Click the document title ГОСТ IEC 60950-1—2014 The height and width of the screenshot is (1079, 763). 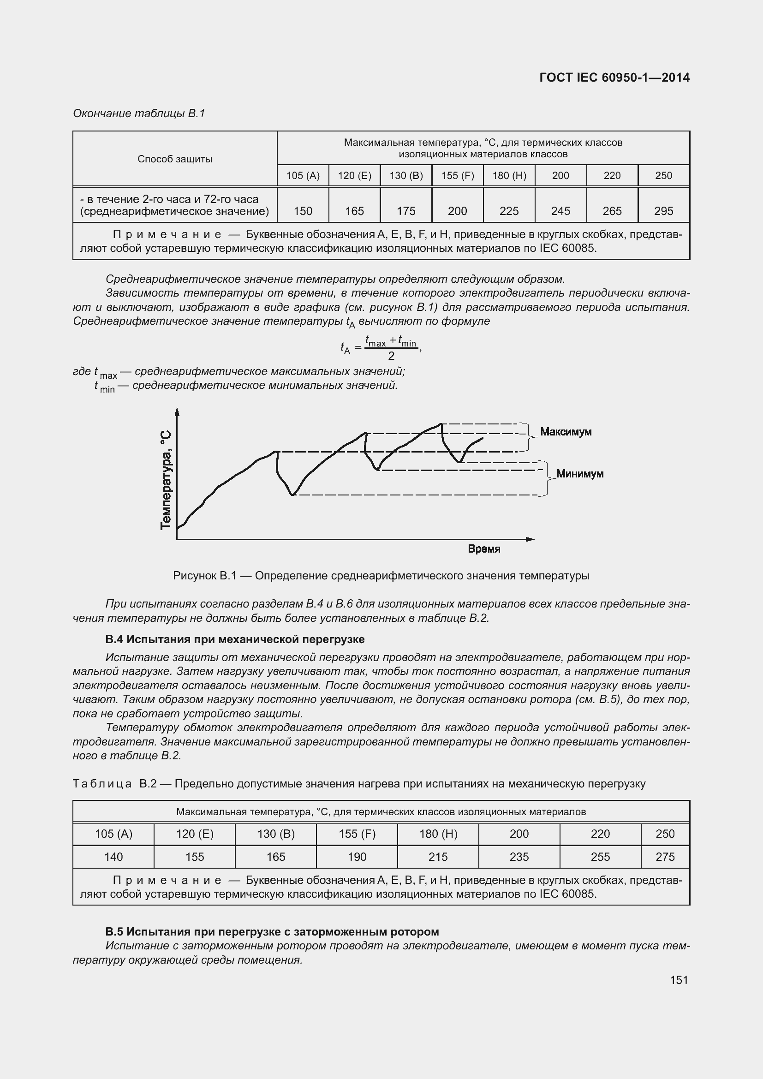pyautogui.click(x=614, y=77)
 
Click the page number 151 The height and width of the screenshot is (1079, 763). pyautogui.click(x=679, y=980)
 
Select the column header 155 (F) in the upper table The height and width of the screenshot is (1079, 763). pyautogui.click(x=457, y=176)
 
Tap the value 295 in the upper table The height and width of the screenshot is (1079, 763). pyautogui.click(x=663, y=211)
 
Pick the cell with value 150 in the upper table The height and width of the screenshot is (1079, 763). pyautogui.click(x=303, y=211)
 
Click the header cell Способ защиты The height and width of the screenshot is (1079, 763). pyautogui.click(x=175, y=159)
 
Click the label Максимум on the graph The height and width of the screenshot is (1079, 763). pyautogui.click(x=566, y=431)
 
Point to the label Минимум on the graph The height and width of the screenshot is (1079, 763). pyautogui.click(x=580, y=474)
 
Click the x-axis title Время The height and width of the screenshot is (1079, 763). pyautogui.click(x=484, y=549)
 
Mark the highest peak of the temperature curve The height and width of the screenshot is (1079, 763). pyautogui.click(x=441, y=424)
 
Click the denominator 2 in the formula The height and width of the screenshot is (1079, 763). pyautogui.click(x=391, y=356)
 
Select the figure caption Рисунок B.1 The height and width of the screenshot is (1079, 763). pyautogui.click(x=381, y=576)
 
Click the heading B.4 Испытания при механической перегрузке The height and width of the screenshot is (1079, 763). pyautogui.click(x=235, y=639)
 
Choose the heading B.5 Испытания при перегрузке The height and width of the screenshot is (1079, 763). pyautogui.click(x=272, y=931)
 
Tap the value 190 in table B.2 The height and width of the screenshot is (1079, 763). pyautogui.click(x=357, y=857)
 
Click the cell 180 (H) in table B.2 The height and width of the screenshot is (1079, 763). pyautogui.click(x=438, y=834)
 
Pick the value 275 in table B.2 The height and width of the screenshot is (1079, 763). pyautogui.click(x=665, y=857)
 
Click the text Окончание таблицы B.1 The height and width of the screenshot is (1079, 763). pyautogui.click(x=139, y=114)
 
